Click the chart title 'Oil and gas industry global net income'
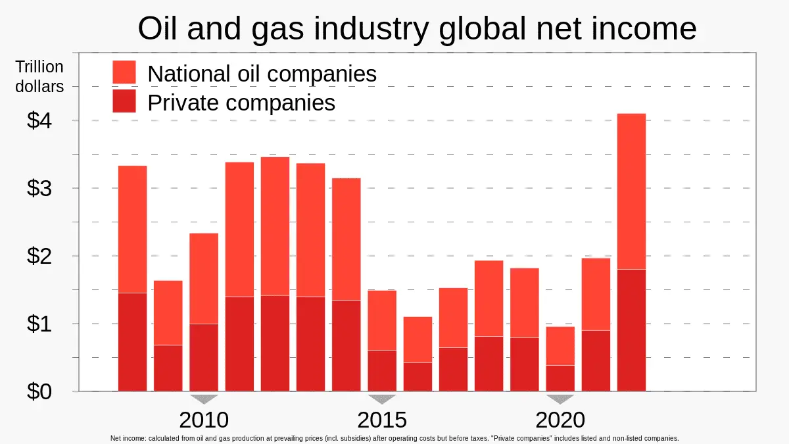pyautogui.click(x=417, y=28)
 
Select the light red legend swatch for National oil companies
pyautogui.click(x=124, y=72)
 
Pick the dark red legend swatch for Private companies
pyautogui.click(x=124, y=101)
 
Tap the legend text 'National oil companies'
pyautogui.click(x=262, y=73)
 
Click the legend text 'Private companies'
pyautogui.click(x=241, y=102)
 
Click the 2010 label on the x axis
pyautogui.click(x=204, y=420)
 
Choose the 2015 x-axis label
pyautogui.click(x=382, y=420)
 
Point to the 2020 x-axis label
pyautogui.click(x=560, y=420)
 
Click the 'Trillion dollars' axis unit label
pyautogui.click(x=39, y=76)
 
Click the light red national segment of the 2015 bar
pyautogui.click(x=382, y=320)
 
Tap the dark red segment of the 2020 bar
pyautogui.click(x=560, y=378)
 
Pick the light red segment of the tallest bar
pyautogui.click(x=631, y=191)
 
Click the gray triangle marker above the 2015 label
pyautogui.click(x=382, y=399)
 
